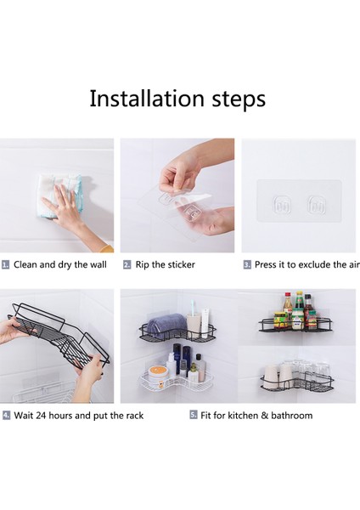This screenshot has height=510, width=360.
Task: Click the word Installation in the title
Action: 147,99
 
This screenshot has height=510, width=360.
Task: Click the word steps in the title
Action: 239,100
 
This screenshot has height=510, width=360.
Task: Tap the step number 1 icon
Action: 5,264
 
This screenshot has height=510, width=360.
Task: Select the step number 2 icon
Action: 127,264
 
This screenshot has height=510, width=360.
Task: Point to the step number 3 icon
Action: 247,264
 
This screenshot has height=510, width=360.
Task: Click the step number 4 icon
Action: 7,416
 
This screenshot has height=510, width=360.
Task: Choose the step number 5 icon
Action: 194,415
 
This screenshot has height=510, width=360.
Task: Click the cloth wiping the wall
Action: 60,195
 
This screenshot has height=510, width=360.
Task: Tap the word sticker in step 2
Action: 183,264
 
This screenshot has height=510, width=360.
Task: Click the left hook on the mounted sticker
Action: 281,205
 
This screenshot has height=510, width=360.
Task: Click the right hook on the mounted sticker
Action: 316,205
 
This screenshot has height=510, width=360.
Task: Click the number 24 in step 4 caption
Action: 41,416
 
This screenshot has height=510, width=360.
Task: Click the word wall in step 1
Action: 98,264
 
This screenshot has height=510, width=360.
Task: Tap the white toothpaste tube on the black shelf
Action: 206,322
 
